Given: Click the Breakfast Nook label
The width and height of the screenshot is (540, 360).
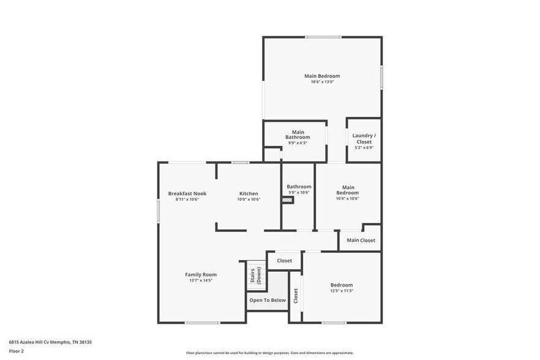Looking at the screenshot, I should [x=187, y=193].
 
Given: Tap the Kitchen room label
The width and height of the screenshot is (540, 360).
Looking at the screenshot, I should [x=249, y=193].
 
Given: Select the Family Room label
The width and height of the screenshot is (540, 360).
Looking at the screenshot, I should [x=201, y=274].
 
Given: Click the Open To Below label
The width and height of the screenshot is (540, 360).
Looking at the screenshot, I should [x=268, y=300].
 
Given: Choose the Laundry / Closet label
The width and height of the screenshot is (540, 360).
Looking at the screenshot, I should [x=364, y=138].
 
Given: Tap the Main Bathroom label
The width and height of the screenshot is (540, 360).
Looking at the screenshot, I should [x=298, y=135].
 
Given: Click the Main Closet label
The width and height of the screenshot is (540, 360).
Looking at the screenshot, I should [x=361, y=240].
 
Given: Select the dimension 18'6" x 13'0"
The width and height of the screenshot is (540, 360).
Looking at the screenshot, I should [x=322, y=82].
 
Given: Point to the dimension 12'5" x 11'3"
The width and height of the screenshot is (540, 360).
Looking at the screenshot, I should [x=342, y=291].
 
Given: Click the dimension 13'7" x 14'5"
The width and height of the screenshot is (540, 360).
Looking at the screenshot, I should [x=201, y=280].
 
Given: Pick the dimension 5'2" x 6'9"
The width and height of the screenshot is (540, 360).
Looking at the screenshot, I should [x=364, y=148].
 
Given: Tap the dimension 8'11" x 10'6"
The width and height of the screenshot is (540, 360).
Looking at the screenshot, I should [x=187, y=199].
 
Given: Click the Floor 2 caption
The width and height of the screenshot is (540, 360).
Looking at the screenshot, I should [x=17, y=351].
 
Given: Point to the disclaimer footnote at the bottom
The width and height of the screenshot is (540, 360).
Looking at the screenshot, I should [x=270, y=353].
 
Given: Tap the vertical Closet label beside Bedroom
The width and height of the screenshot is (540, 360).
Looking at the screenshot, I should [x=296, y=296].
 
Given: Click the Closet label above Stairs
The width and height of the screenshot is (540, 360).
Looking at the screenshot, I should [x=284, y=260].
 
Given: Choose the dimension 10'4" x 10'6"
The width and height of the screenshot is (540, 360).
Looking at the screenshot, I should [x=348, y=198].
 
